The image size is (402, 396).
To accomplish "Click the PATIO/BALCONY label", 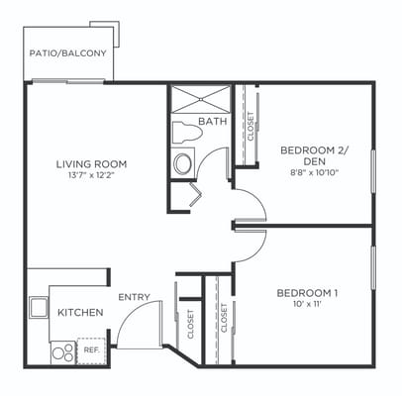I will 69,53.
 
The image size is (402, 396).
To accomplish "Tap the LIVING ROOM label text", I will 91,164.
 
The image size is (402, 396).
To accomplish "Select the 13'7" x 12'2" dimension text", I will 91,176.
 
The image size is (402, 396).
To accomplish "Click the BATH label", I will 212,122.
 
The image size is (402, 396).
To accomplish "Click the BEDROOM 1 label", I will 307,293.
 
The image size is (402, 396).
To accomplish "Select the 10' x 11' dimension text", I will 307,306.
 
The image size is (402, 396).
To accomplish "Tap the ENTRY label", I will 134,297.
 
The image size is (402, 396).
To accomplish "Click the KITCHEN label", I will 80,313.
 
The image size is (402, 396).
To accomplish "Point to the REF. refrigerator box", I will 91,350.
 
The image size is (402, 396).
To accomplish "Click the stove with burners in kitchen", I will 62,350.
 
